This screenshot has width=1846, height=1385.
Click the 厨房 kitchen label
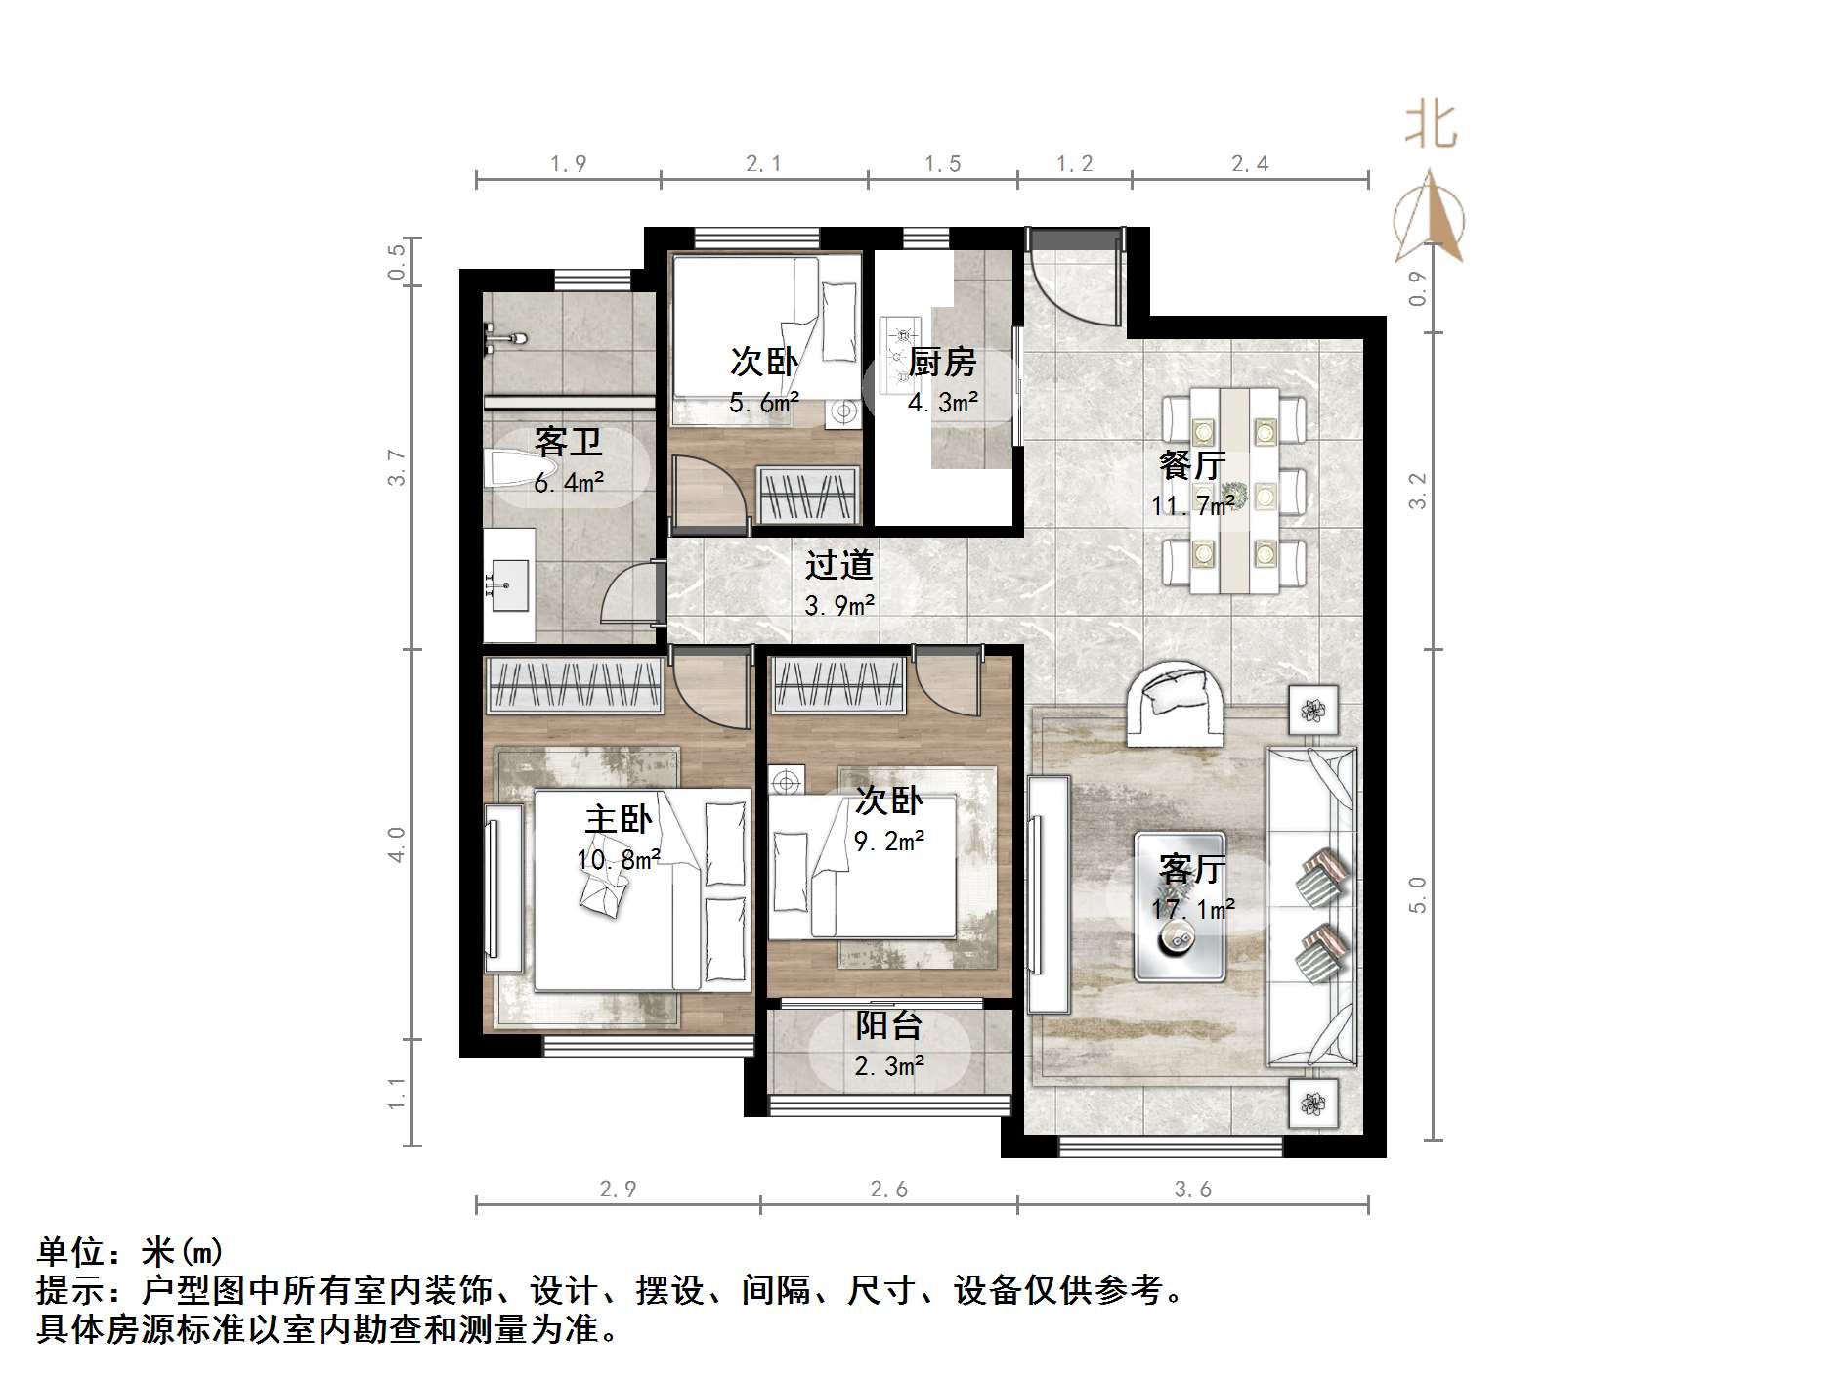pyautogui.click(x=942, y=363)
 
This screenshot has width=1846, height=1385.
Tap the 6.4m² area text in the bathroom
pyautogui.click(x=568, y=483)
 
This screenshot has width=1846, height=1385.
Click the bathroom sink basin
pyautogui.click(x=509, y=584)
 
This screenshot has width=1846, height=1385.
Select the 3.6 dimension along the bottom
pyautogui.click(x=1192, y=1190)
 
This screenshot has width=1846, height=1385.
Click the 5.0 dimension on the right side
pyautogui.click(x=1418, y=894)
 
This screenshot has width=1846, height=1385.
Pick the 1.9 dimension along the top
pyautogui.click(x=568, y=164)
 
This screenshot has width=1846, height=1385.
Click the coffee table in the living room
pyautogui.click(x=1180, y=906)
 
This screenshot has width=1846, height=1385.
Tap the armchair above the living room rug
pyautogui.click(x=1176, y=702)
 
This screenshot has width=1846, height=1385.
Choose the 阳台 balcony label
pyautogui.click(x=888, y=1025)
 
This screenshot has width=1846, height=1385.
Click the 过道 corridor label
pyautogui.click(x=838, y=565)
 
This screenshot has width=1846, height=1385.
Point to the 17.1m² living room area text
pyautogui.click(x=1192, y=910)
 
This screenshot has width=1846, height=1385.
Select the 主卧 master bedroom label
pyautogui.click(x=618, y=819)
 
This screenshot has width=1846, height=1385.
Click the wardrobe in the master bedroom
pyautogui.click(x=575, y=683)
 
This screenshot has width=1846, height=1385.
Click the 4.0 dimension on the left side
pyautogui.click(x=396, y=844)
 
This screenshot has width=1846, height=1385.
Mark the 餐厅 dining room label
pyautogui.click(x=1191, y=464)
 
